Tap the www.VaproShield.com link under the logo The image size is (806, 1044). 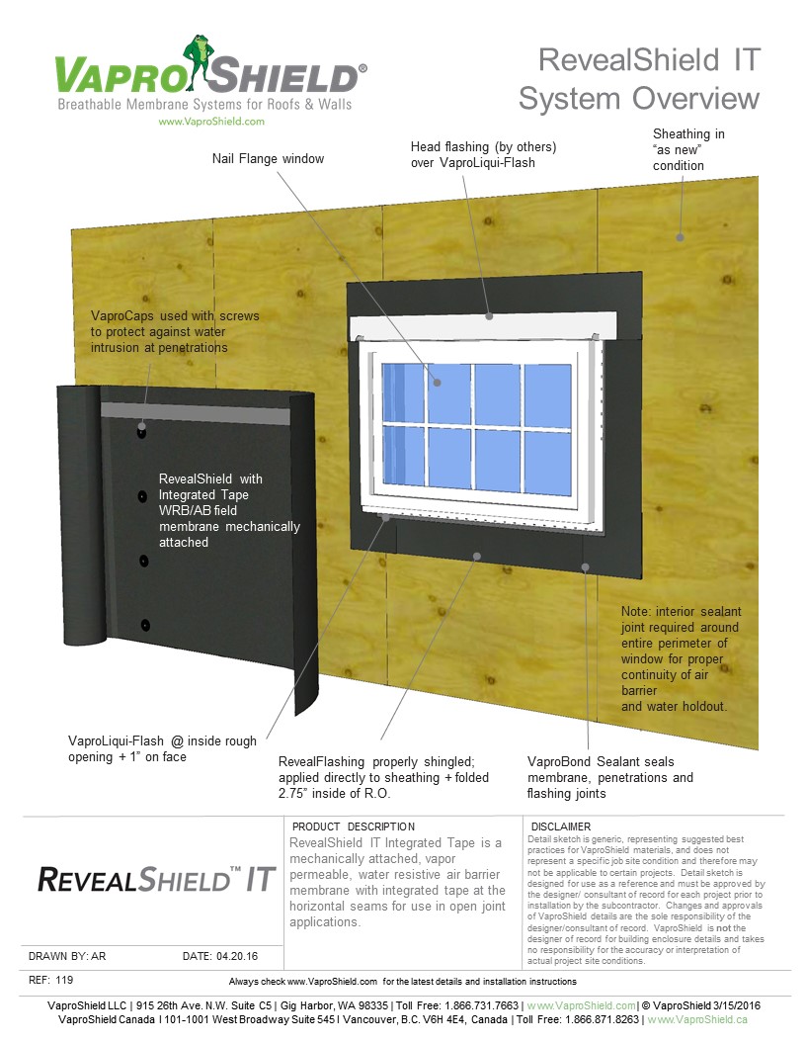(211, 122)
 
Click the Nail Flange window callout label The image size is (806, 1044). (268, 158)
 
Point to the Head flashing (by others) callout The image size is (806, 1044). (483, 154)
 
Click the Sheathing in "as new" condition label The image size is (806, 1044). (688, 149)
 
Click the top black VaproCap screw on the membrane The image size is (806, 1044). (142, 432)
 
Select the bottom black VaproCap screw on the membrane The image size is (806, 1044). (145, 624)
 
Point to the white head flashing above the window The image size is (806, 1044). (484, 324)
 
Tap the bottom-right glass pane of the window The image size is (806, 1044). (547, 461)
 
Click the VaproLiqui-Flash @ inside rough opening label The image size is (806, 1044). (162, 748)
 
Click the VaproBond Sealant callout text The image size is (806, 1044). (609, 777)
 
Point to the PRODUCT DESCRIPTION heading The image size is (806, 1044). (354, 826)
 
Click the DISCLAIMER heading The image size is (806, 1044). (560, 826)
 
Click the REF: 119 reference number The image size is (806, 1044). (51, 980)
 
